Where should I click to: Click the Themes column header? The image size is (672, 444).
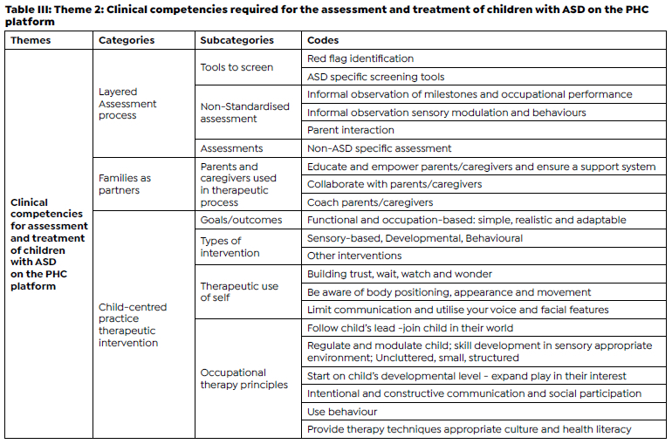tap(31, 40)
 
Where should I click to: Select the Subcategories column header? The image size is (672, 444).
tap(237, 40)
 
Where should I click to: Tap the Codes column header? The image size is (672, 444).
tap(323, 40)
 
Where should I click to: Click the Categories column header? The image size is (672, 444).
tap(127, 40)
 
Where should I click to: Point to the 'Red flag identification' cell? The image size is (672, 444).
tap(360, 58)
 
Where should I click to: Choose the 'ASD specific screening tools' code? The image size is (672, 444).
tap(375, 77)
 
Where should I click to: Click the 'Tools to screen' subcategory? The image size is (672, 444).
tap(237, 67)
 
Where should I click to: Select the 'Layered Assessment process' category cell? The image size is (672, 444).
tap(127, 103)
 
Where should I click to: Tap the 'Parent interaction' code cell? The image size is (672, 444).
tap(351, 130)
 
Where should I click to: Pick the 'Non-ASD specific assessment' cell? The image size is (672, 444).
tap(380, 148)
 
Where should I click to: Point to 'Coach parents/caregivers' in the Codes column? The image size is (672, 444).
tap(370, 202)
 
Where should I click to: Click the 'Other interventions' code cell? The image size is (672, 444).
tap(354, 256)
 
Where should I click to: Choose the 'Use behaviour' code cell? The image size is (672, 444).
tap(342, 411)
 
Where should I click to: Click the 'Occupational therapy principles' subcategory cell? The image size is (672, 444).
tap(243, 379)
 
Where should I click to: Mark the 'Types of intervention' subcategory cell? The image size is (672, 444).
tap(230, 247)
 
